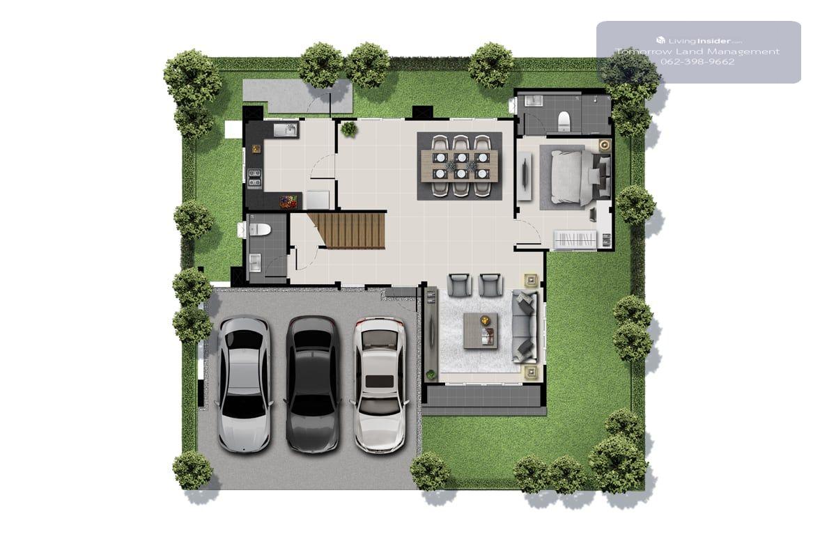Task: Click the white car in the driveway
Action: click(x=380, y=385)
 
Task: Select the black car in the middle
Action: click(x=313, y=384)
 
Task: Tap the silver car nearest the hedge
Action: click(x=244, y=384)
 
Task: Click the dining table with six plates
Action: click(x=459, y=166)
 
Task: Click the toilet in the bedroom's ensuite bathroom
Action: click(x=563, y=121)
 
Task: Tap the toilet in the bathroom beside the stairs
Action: click(x=259, y=230)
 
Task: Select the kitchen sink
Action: click(x=286, y=130)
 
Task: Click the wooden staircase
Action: click(x=347, y=230)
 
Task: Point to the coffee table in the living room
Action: click(x=481, y=331)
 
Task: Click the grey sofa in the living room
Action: click(x=525, y=327)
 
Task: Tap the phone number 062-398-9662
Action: click(x=697, y=62)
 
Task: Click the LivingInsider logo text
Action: click(x=699, y=40)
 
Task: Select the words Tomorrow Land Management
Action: click(x=697, y=52)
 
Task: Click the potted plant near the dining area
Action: click(x=349, y=129)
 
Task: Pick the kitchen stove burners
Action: click(x=255, y=178)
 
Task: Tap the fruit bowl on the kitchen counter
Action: click(x=288, y=202)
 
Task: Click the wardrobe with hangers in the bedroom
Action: click(x=575, y=239)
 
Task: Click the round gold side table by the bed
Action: click(x=605, y=145)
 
